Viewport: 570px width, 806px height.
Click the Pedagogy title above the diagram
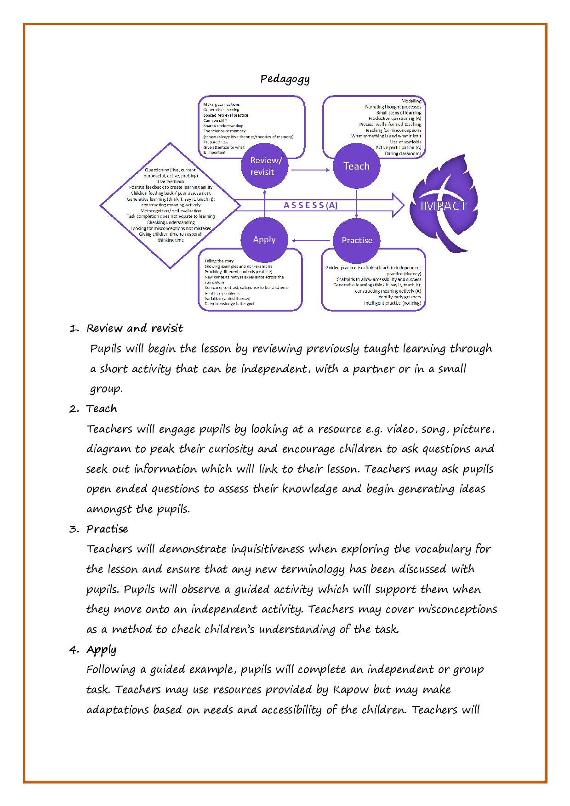[285, 79]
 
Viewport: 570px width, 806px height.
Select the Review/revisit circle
[264, 166]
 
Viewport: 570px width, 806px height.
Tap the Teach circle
[356, 166]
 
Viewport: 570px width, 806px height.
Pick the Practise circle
[357, 240]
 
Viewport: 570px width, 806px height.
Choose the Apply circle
[264, 239]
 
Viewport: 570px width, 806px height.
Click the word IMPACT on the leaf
[444, 206]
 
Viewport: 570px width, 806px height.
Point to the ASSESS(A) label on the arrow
[310, 205]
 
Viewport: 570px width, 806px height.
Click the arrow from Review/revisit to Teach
[310, 170]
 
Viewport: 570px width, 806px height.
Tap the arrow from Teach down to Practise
[357, 202]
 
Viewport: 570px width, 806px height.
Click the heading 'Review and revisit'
[135, 328]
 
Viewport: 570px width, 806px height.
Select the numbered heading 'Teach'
[102, 409]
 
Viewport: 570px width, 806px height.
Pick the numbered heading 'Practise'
[107, 528]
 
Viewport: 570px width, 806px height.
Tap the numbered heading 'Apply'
[101, 649]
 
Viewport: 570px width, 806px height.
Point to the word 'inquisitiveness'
[267, 549]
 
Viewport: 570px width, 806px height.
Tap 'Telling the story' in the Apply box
[219, 261]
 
